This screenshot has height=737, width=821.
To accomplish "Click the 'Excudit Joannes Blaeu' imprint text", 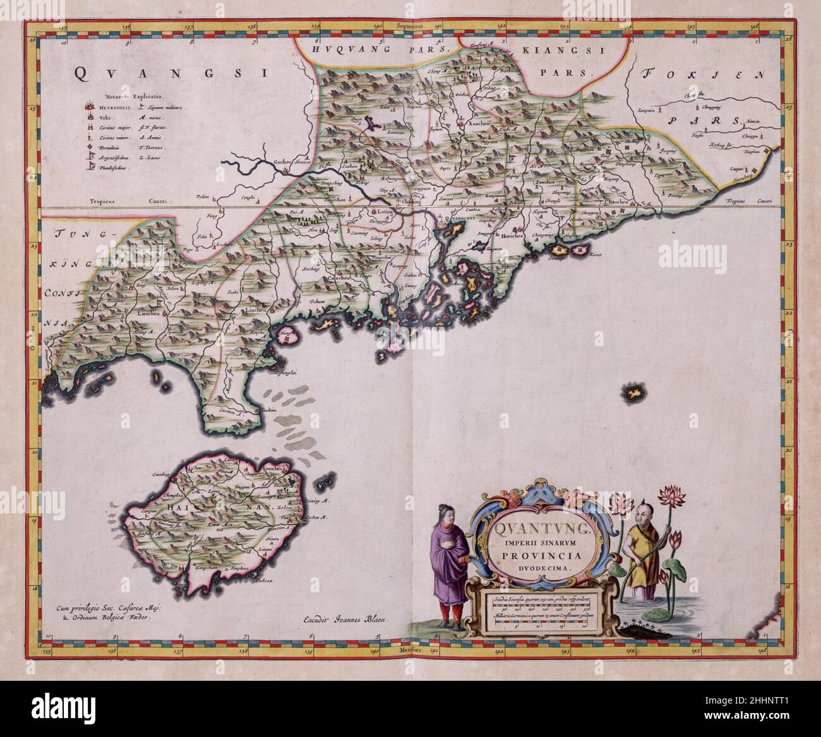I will pos(345,619).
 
